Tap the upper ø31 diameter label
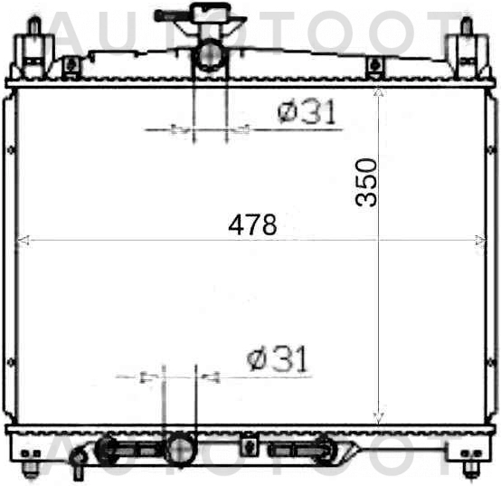(307, 113)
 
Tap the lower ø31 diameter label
(279, 359)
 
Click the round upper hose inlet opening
(211, 55)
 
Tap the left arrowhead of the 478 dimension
(22, 240)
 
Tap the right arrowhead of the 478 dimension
(481, 240)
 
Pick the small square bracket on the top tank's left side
(71, 64)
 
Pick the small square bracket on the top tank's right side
(373, 64)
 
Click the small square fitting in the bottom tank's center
(244, 444)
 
